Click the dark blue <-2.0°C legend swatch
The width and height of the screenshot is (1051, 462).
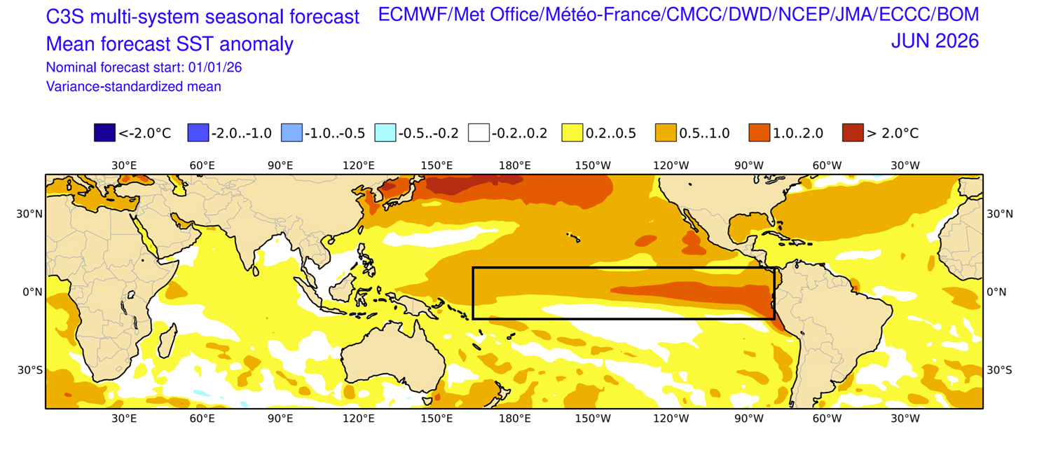pyautogui.click(x=104, y=133)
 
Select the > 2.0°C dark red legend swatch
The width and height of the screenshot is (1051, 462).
pyautogui.click(x=852, y=133)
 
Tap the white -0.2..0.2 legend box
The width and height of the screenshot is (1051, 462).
pyautogui.click(x=479, y=133)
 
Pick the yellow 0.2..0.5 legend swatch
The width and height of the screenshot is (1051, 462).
pyautogui.click(x=572, y=133)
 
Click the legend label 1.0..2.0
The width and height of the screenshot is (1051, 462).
pyautogui.click(x=798, y=133)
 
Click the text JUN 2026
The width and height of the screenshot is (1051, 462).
pyautogui.click(x=935, y=41)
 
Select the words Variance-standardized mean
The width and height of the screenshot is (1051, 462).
pyautogui.click(x=133, y=87)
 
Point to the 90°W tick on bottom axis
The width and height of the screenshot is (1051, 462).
pyautogui.click(x=749, y=419)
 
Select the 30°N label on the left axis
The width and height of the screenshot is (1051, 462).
pyautogui.click(x=29, y=214)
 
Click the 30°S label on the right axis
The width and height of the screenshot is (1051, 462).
pyautogui.click(x=999, y=369)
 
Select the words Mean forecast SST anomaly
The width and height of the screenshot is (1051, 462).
pyautogui.click(x=170, y=45)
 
